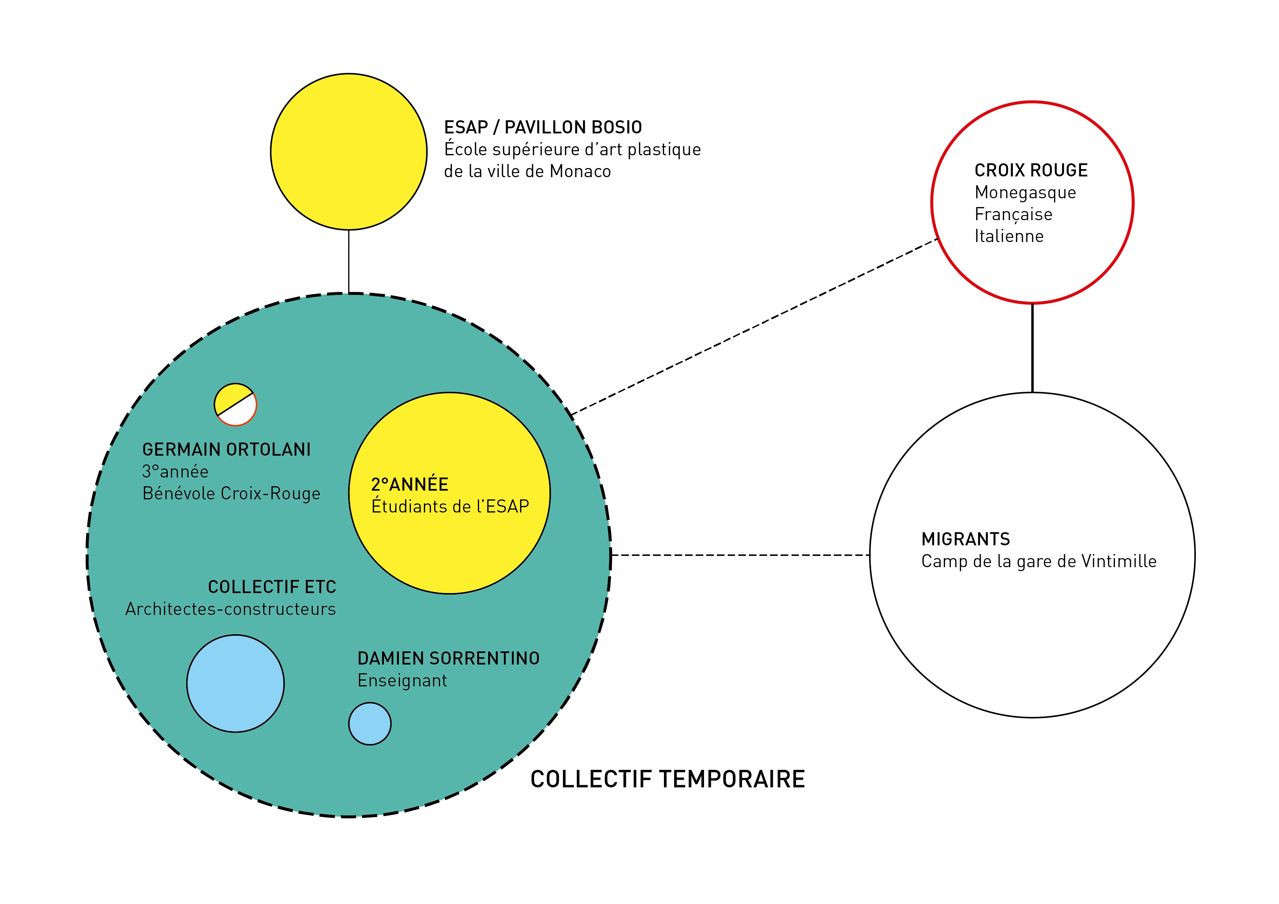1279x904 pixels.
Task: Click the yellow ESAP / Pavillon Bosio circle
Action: pos(349,152)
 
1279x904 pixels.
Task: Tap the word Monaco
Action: pos(580,172)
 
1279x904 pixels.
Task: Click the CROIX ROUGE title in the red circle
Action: pos(1031,171)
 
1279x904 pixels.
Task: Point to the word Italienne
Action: pos(1009,236)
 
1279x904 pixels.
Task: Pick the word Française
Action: pos(1013,214)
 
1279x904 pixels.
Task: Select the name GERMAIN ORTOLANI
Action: pos(226,449)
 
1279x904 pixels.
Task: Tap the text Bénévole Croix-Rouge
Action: pos(231,494)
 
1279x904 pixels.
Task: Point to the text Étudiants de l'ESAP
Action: pos(450,506)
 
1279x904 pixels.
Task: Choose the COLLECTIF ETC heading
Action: pos(272,587)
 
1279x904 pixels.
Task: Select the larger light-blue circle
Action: pos(236,683)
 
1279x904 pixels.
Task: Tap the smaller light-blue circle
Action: pos(370,724)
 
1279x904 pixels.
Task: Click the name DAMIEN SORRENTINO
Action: pos(448,658)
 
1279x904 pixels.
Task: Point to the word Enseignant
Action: pos(402,681)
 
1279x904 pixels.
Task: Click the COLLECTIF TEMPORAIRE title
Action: pos(667,779)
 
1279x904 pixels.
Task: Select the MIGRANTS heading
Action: pos(965,539)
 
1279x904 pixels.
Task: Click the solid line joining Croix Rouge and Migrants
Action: pos(1032,348)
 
